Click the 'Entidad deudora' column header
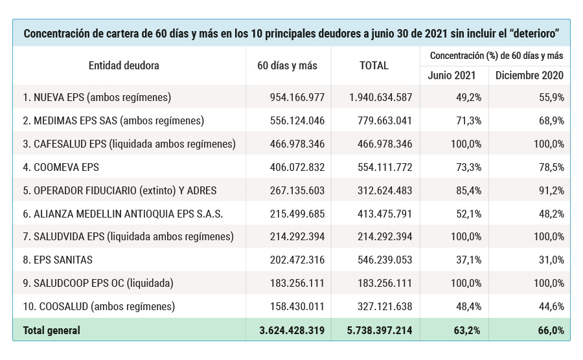click(124, 65)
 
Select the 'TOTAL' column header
click(374, 65)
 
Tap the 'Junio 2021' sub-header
click(452, 75)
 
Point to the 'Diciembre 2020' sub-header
click(529, 75)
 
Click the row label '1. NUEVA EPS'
click(97, 98)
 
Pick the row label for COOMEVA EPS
click(61, 167)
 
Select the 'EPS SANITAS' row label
click(58, 260)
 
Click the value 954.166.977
click(297, 98)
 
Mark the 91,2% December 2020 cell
click(550, 190)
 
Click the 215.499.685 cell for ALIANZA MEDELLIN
click(297, 214)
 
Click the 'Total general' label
click(52, 330)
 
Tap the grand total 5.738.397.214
click(380, 330)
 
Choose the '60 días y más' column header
click(287, 65)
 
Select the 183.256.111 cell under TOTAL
click(385, 283)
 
